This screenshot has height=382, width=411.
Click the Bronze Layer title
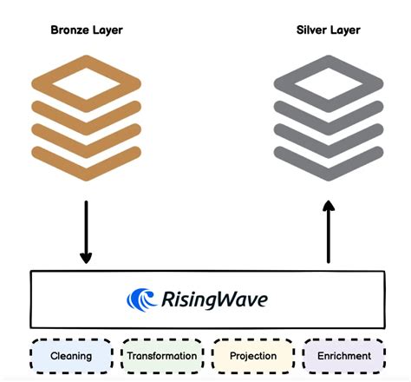pyautogui.click(x=87, y=30)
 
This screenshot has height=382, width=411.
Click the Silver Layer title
pyautogui.click(x=328, y=30)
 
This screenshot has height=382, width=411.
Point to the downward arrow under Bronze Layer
pyautogui.click(x=86, y=230)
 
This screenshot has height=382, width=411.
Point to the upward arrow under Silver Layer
pyautogui.click(x=328, y=230)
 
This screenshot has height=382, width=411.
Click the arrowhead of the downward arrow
pyautogui.click(x=86, y=257)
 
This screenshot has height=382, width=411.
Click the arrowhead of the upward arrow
pyautogui.click(x=328, y=207)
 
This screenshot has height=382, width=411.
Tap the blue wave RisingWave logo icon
pyautogui.click(x=141, y=300)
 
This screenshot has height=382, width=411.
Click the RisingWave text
pyautogui.click(x=214, y=300)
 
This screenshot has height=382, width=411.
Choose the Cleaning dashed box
pyautogui.click(x=71, y=356)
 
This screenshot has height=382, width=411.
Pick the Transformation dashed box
pyautogui.click(x=161, y=356)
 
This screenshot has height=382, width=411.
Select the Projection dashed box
pyautogui.click(x=252, y=356)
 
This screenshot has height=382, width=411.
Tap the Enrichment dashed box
pyautogui.click(x=343, y=356)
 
